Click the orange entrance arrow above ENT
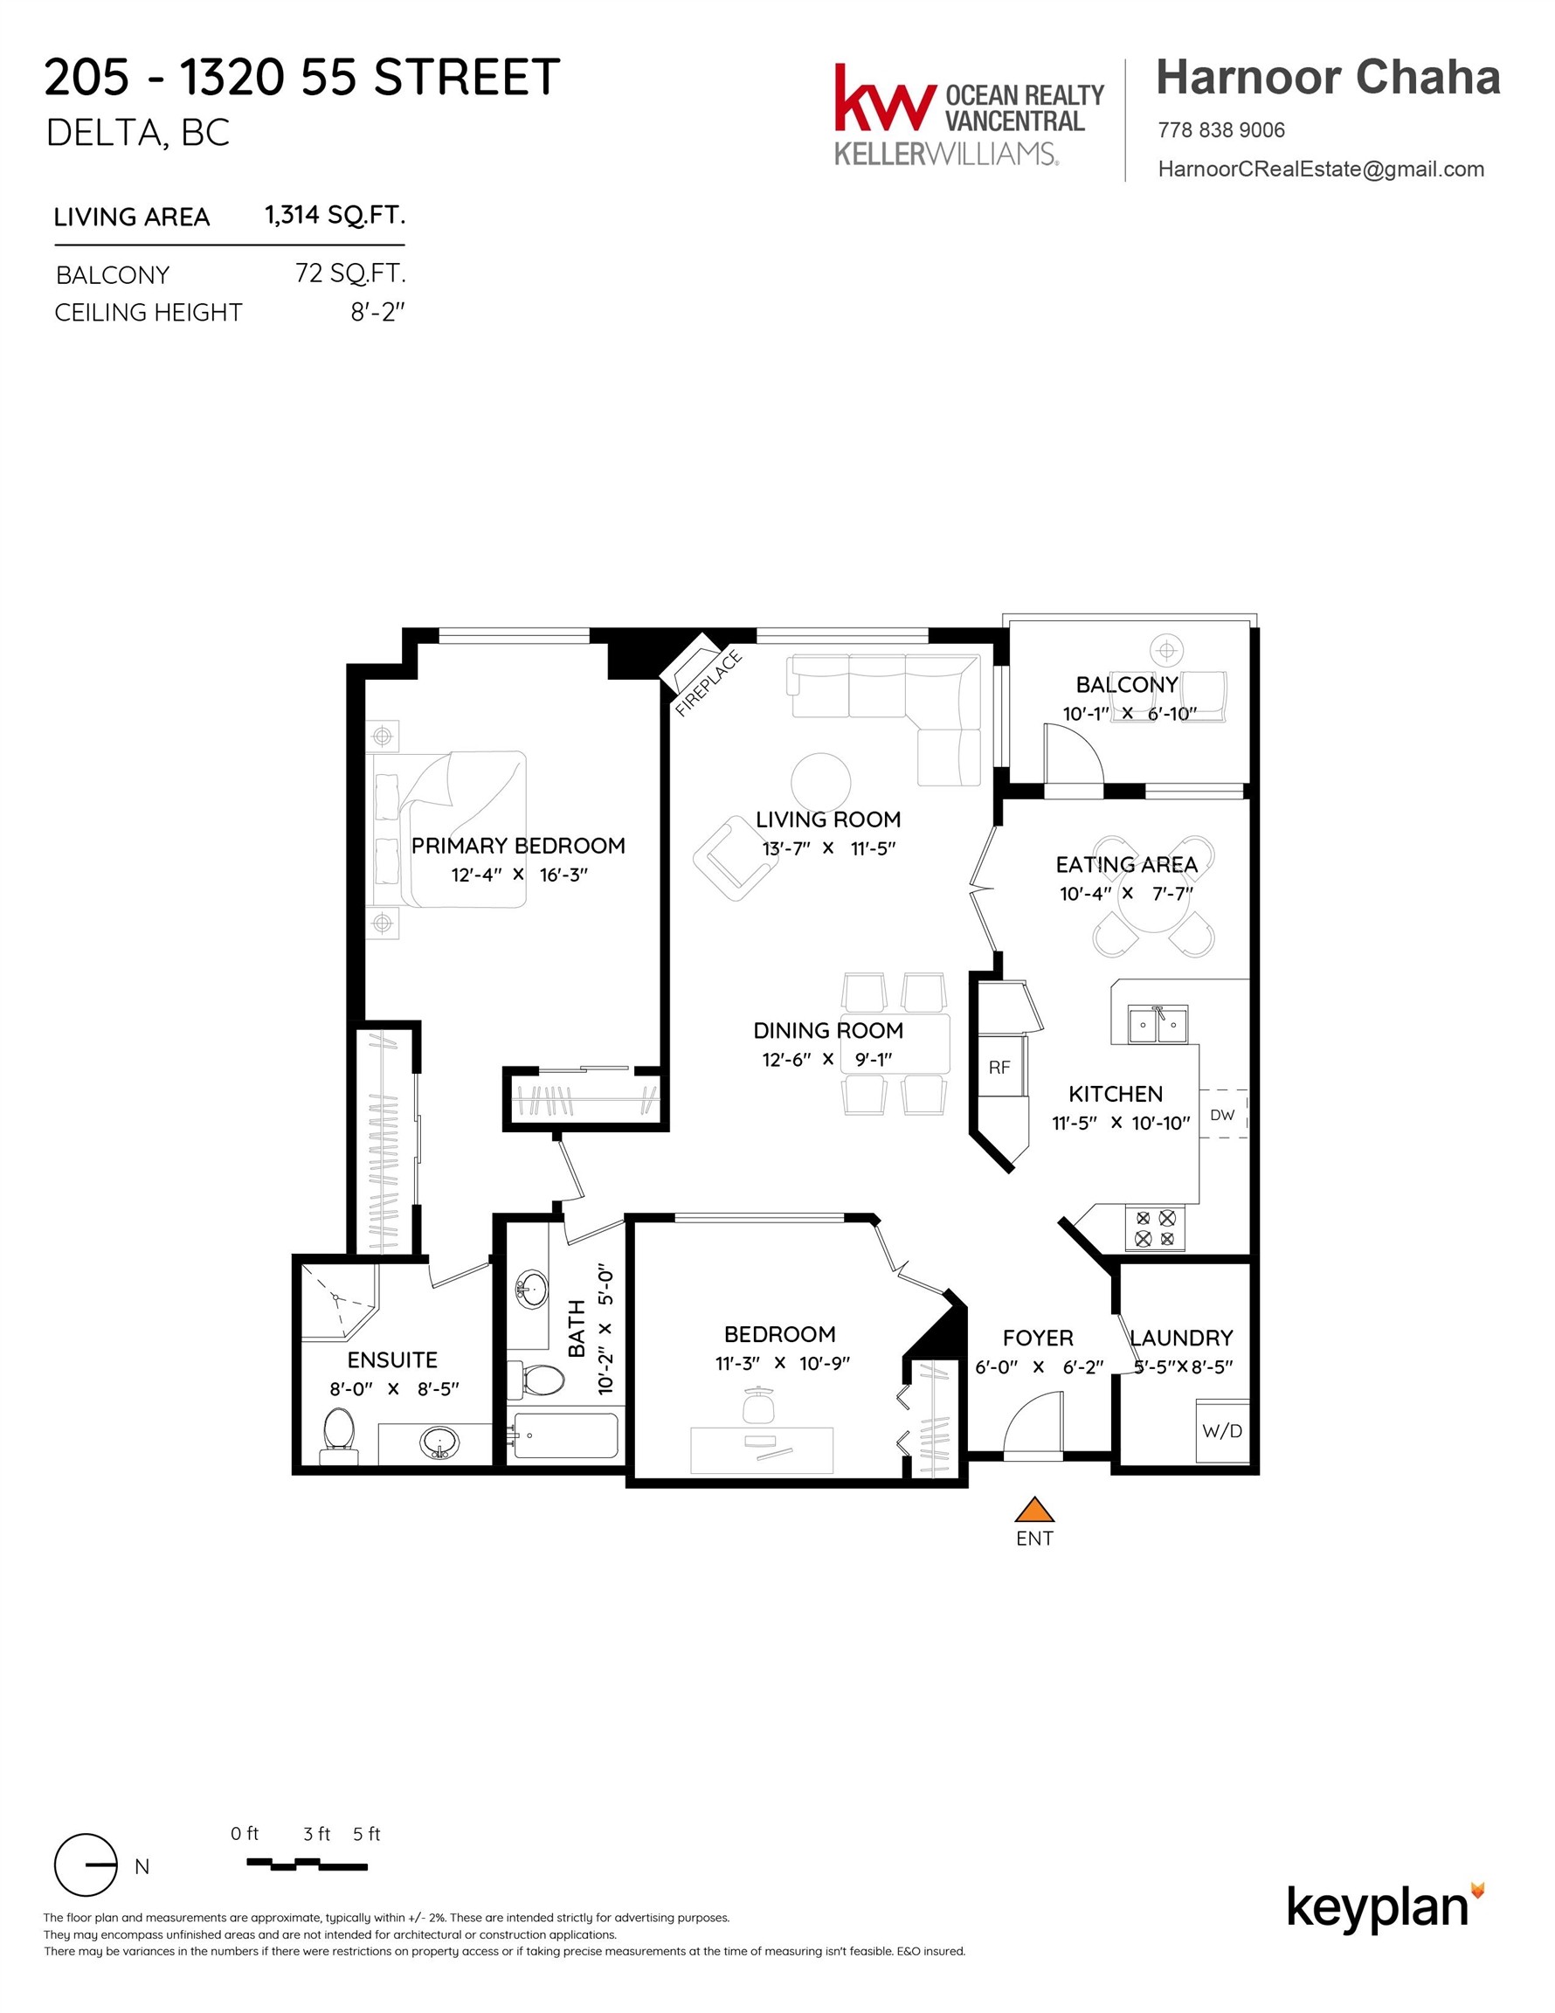[x=1034, y=1510]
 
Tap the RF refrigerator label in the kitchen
[x=999, y=1068]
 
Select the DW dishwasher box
[x=1222, y=1114]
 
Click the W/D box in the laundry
[x=1222, y=1430]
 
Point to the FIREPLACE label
[x=708, y=683]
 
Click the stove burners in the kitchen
[x=1155, y=1228]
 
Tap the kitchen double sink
[x=1158, y=1024]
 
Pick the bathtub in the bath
[x=565, y=1435]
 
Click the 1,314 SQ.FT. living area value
[x=335, y=215]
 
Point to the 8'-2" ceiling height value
[x=377, y=313]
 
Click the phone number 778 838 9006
[x=1220, y=130]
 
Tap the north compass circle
[x=86, y=1864]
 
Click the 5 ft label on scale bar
[x=366, y=1834]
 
